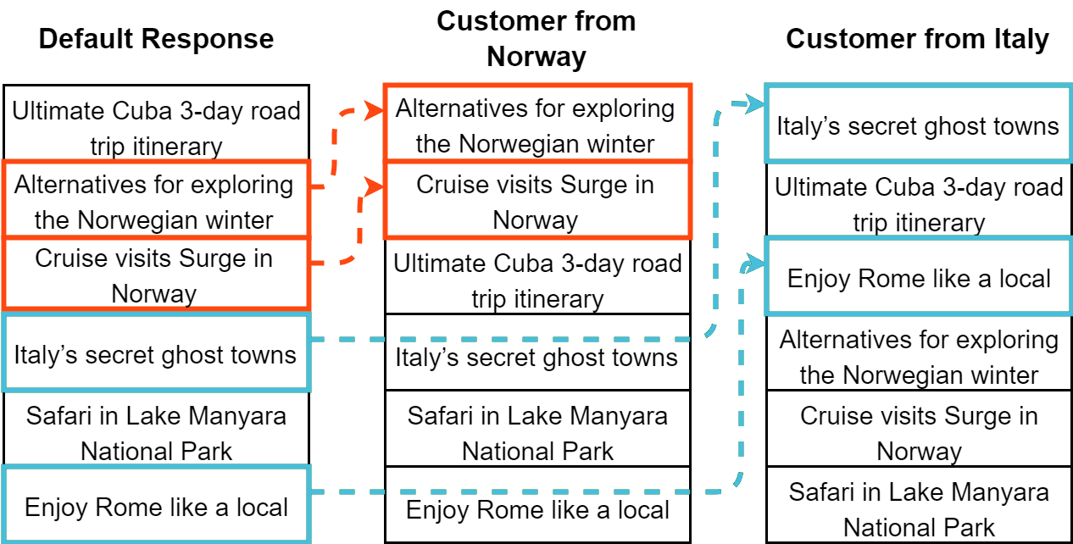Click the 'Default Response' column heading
156,39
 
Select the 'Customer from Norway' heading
536,39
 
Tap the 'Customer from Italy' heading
917,39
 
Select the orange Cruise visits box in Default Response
156,275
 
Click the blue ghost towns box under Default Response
156,352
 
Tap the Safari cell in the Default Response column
156,432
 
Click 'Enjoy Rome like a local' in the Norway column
536,508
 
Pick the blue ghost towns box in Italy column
918,125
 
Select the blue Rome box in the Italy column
918,278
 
